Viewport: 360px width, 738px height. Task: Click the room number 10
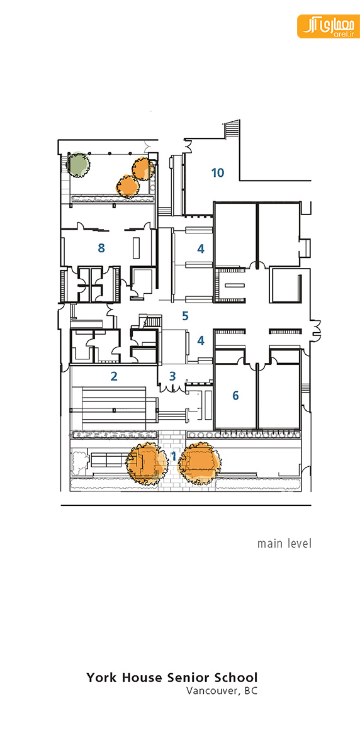tap(217, 173)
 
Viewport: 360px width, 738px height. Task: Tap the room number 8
tap(101, 248)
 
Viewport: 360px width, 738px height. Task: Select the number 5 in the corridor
tap(186, 315)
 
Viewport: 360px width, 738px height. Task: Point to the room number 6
tap(235, 395)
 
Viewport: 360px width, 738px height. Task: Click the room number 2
tap(114, 376)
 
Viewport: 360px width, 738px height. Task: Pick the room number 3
tap(172, 376)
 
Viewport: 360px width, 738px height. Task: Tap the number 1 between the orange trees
tap(174, 456)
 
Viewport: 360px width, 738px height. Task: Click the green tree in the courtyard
tap(77, 164)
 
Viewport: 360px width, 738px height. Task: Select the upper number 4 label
tap(201, 249)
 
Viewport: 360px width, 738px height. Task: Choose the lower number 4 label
tap(201, 340)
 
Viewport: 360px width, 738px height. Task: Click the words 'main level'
tap(284, 544)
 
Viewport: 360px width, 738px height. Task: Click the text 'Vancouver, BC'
tap(222, 691)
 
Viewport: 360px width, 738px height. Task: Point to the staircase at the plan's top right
tap(230, 128)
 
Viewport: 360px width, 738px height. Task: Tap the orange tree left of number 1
tap(147, 464)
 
